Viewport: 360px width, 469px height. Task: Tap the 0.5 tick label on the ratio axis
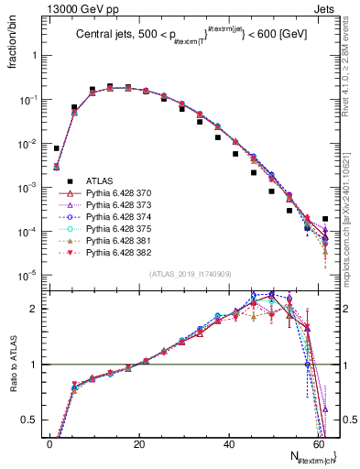click(x=30, y=420)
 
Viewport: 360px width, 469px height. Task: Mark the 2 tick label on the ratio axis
click(x=35, y=309)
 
